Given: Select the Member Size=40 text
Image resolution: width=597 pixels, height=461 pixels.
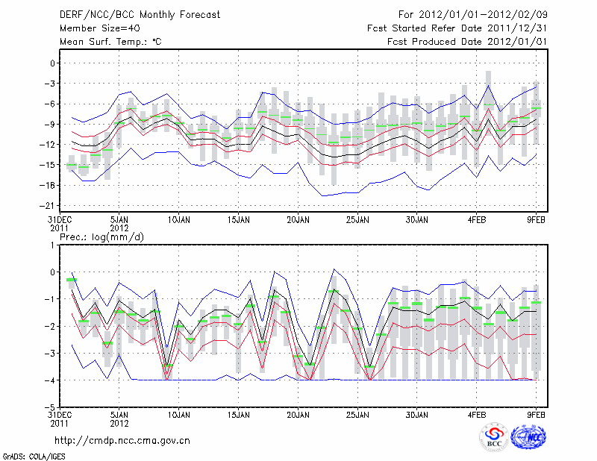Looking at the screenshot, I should click(94, 28).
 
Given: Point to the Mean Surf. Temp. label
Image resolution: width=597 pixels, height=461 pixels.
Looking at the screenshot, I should click(110, 42).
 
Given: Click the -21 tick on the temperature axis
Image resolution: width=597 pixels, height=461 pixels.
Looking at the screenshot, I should click(49, 205).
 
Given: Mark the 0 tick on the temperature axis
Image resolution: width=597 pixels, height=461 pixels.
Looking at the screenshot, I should click(52, 63).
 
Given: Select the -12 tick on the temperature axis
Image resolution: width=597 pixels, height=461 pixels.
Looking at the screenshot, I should click(49, 144).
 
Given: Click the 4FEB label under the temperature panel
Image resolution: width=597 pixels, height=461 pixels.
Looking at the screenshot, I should click(478, 220).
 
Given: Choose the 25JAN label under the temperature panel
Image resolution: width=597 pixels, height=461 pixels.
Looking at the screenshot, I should click(358, 220).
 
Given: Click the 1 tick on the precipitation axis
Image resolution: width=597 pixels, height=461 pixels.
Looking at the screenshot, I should click(52, 245).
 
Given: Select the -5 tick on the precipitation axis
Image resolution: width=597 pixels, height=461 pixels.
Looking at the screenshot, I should click(50, 407).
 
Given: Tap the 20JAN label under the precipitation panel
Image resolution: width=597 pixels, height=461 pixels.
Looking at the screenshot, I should click(298, 413).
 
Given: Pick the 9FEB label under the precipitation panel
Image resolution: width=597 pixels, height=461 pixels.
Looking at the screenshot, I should click(537, 413).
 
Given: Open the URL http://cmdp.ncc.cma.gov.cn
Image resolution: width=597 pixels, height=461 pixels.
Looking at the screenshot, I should click(122, 440).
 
